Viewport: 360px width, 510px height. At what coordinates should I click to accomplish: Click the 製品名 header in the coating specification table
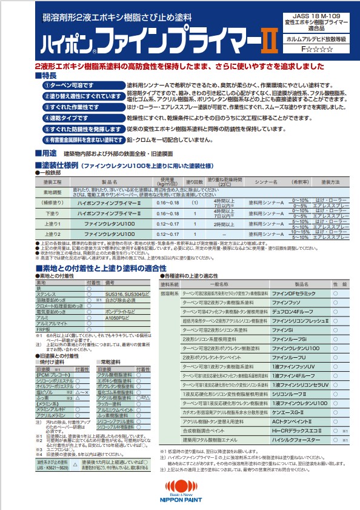click(x=110, y=181)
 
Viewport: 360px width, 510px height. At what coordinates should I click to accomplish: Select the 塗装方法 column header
click(x=330, y=181)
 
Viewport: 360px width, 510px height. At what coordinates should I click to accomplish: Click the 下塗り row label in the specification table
click(x=53, y=213)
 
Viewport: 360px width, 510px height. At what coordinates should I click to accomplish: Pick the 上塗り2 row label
click(x=53, y=233)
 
